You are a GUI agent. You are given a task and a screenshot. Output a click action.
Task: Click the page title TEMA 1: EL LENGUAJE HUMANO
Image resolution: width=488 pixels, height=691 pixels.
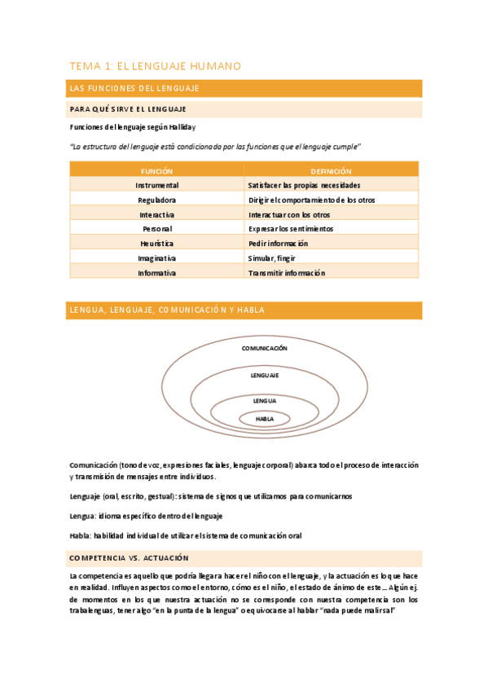[155, 66]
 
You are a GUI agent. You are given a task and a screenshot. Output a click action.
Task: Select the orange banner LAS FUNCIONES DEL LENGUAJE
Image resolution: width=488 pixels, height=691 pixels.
[135, 88]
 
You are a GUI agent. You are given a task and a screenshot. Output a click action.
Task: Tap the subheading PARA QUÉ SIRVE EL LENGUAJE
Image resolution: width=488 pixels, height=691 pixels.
[128, 108]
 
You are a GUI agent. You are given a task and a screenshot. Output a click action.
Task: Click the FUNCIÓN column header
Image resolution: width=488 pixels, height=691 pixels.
[156, 171]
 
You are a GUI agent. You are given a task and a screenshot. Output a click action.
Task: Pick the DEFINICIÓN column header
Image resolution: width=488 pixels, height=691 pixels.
[331, 171]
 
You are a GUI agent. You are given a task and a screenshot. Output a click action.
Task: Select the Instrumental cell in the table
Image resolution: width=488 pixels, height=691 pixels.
[156, 185]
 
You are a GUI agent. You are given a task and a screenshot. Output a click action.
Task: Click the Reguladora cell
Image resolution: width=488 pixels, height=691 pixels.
[156, 200]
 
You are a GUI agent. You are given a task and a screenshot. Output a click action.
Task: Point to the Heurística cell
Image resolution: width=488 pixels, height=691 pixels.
[156, 244]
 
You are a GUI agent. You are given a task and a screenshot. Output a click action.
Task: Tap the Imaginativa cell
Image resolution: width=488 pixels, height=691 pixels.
[156, 258]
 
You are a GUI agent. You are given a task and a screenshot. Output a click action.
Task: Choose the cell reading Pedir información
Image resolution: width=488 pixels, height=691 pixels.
[279, 244]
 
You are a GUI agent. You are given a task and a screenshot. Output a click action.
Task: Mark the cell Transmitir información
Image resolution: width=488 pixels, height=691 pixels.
[287, 273]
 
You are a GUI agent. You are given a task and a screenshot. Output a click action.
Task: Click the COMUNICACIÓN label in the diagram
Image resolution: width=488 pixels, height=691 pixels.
[265, 348]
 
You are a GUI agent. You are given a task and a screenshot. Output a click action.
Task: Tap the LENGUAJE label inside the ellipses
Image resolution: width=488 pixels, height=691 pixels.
[265, 376]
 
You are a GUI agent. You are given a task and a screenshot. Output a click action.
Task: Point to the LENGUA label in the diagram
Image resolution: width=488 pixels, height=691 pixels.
[265, 402]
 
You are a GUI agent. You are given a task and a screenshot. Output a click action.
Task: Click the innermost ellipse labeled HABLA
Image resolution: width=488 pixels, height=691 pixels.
[265, 419]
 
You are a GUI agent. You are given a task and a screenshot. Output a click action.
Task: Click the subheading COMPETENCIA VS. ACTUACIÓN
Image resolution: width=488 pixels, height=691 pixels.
[130, 558]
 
